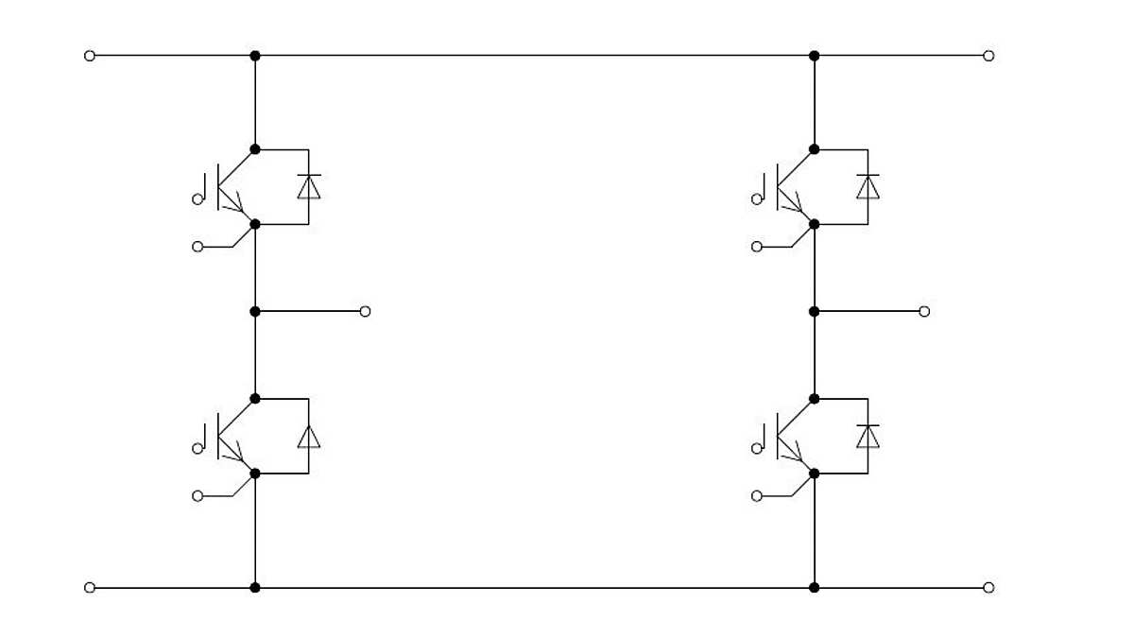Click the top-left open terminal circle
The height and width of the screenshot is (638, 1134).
coord(90,56)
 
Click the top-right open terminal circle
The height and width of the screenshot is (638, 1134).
coord(988,56)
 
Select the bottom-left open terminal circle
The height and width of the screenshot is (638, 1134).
coord(90,588)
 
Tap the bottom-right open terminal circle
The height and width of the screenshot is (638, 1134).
coord(988,588)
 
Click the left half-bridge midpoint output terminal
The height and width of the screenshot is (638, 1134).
coord(366,312)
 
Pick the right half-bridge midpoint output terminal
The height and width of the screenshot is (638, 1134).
coord(924,312)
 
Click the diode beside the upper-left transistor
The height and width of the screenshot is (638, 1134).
coord(308,186)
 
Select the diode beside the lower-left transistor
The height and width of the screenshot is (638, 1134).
coord(308,437)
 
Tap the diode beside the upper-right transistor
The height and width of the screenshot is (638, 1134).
coord(868,186)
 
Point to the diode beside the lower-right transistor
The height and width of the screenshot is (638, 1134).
coord(868,437)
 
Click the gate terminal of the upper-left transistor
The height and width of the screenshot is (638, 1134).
coord(198,199)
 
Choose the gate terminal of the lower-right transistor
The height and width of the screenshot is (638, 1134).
coord(757,449)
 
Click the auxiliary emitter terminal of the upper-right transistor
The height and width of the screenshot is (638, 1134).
coord(757,247)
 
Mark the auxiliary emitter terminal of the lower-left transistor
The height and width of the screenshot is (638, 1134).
coord(198,496)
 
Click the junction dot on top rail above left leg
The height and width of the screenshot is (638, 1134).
coord(255,56)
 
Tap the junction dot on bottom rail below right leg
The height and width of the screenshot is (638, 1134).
coord(815,588)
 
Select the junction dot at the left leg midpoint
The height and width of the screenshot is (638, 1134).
coord(255,312)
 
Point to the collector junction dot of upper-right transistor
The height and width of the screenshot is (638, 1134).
coord(815,149)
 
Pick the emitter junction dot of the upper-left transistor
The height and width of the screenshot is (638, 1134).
coord(255,224)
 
